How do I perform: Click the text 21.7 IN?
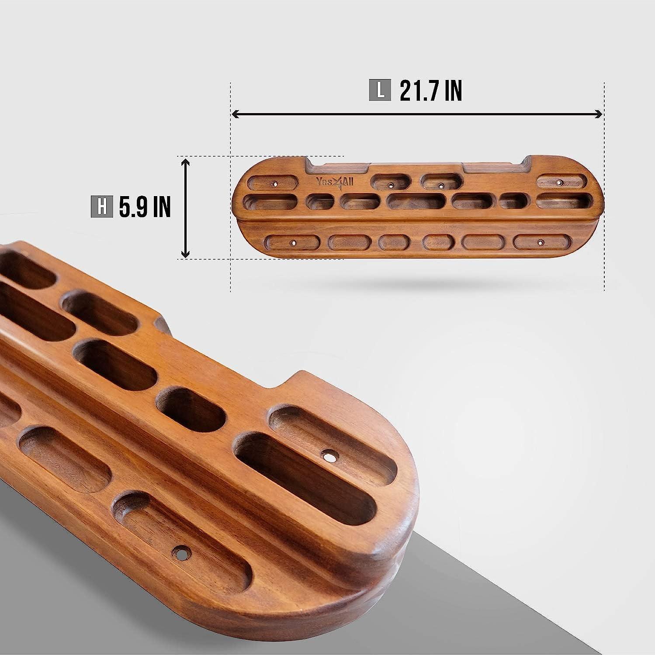[x=430, y=91]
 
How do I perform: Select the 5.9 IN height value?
[x=144, y=207]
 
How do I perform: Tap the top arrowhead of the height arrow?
[x=186, y=162]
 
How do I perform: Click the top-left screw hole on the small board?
[x=275, y=184]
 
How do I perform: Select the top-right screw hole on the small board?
[x=559, y=182]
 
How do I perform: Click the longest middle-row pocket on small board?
[x=416, y=201]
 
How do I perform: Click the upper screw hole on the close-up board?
[x=329, y=457]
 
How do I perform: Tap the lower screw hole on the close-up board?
[x=179, y=552]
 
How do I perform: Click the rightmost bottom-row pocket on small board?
[x=542, y=242]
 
